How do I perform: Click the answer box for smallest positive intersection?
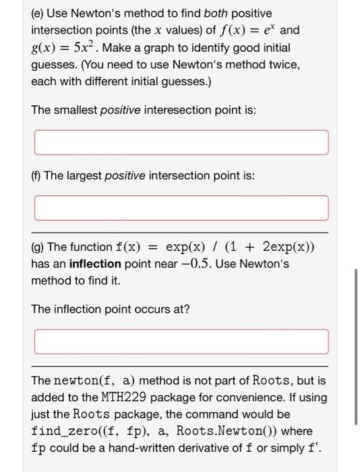click(x=181, y=142)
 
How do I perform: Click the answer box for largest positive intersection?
click(x=181, y=208)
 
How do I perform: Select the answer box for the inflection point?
click(x=181, y=341)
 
